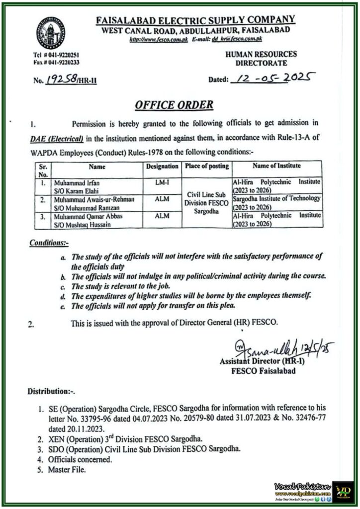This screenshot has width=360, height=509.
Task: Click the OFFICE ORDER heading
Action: coord(174,105)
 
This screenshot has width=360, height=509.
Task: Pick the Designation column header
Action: coord(162,166)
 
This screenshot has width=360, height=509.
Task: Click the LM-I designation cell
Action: coord(162,183)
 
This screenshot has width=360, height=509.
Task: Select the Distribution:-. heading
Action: coord(51,392)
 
